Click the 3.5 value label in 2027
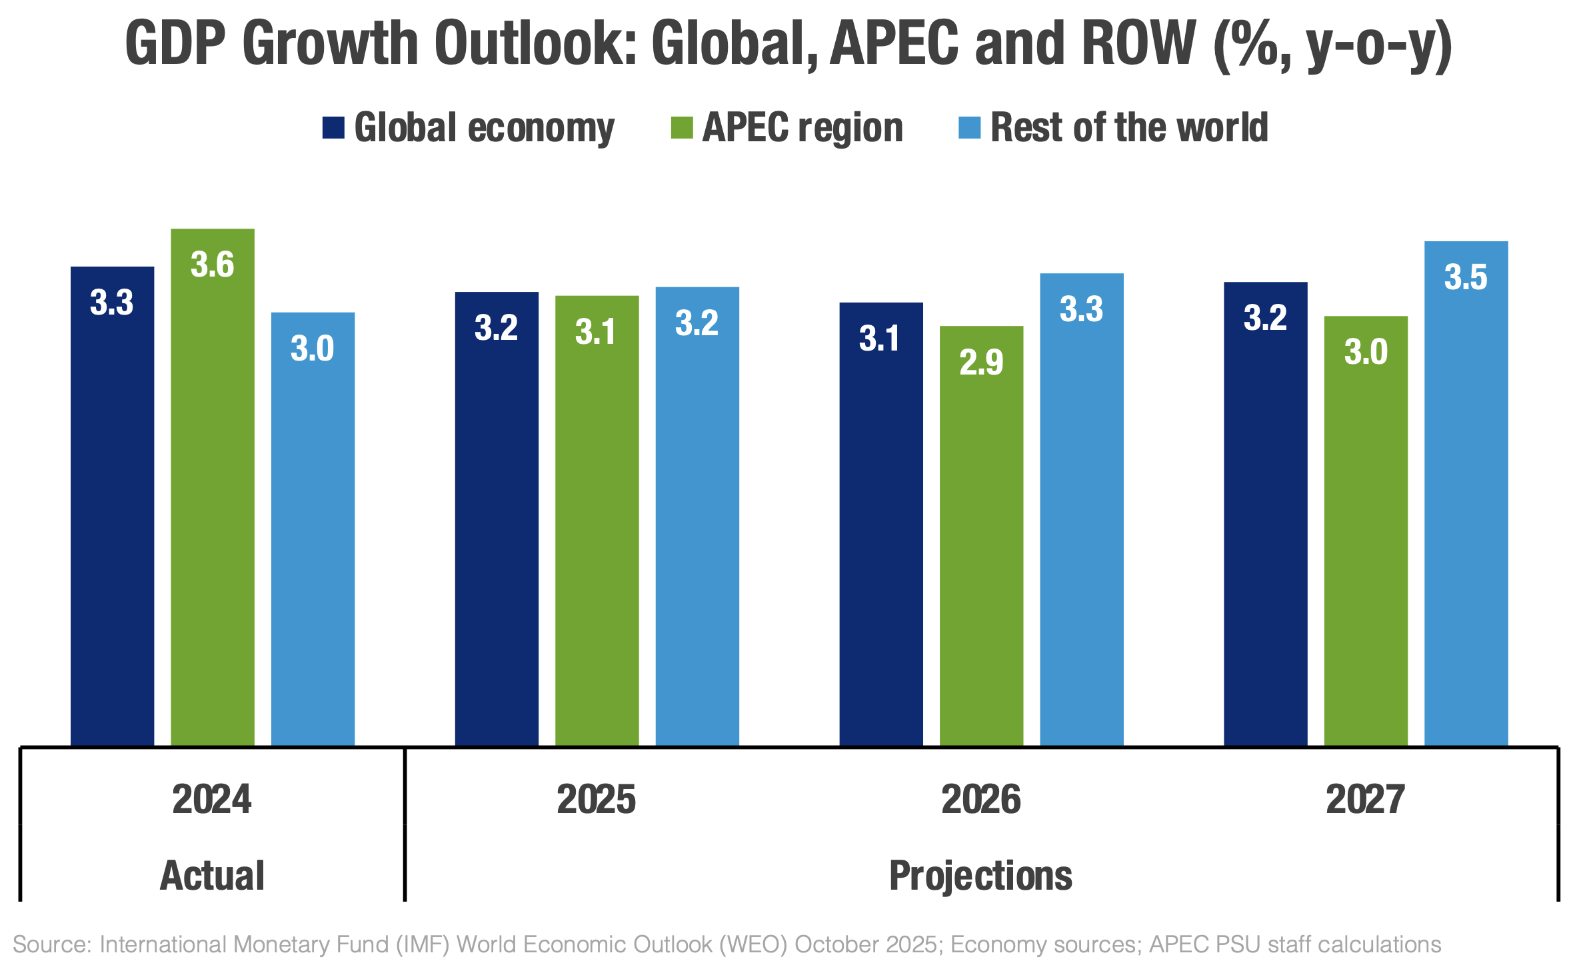1466,277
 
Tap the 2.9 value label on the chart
981,363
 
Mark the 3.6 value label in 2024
213,265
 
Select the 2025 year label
597,799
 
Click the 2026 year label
981,799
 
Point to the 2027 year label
1366,799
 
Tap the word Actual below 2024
213,875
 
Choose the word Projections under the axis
981,875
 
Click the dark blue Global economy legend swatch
333,127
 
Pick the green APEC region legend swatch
682,127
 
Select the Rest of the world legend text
1129,127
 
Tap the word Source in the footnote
51,944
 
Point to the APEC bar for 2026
981,533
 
